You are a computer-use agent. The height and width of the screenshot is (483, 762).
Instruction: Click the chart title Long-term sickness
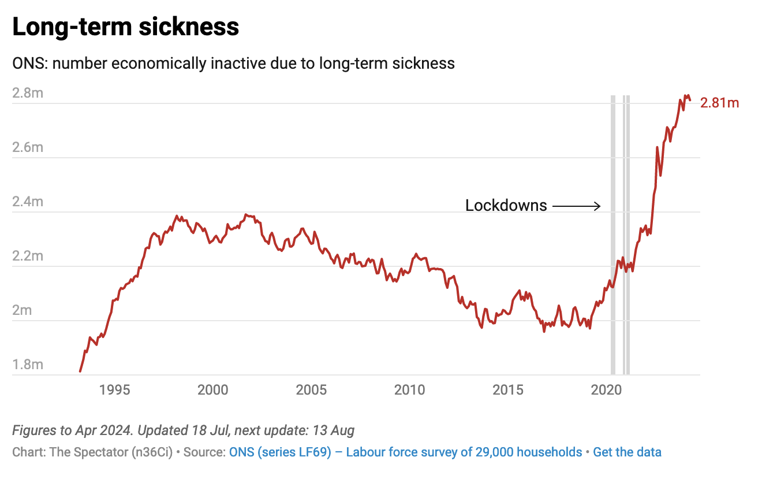[x=125, y=27]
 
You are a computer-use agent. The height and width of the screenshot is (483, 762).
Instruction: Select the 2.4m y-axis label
[x=28, y=202]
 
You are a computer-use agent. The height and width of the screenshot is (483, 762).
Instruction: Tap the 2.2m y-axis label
[x=28, y=255]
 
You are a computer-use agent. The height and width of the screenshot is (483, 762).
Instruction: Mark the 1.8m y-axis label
[x=28, y=365]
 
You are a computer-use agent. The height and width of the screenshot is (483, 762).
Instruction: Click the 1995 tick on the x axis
[x=114, y=390]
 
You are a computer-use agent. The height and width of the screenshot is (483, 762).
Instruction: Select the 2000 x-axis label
[x=212, y=390]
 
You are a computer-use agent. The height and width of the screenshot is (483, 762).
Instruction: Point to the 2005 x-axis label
[x=311, y=390]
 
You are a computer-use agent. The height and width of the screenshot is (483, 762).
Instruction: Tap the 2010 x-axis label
[x=409, y=390]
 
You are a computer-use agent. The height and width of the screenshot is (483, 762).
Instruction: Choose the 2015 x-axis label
[x=508, y=390]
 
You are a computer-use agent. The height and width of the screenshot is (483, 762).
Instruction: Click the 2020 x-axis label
[x=606, y=390]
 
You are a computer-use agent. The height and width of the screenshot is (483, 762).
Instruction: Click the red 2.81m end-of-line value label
[x=719, y=103]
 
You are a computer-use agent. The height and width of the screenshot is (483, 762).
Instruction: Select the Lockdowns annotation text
[x=506, y=205]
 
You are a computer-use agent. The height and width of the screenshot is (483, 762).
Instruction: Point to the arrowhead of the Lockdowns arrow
[x=599, y=205]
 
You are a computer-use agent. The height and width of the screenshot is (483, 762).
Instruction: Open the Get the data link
[x=627, y=452]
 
